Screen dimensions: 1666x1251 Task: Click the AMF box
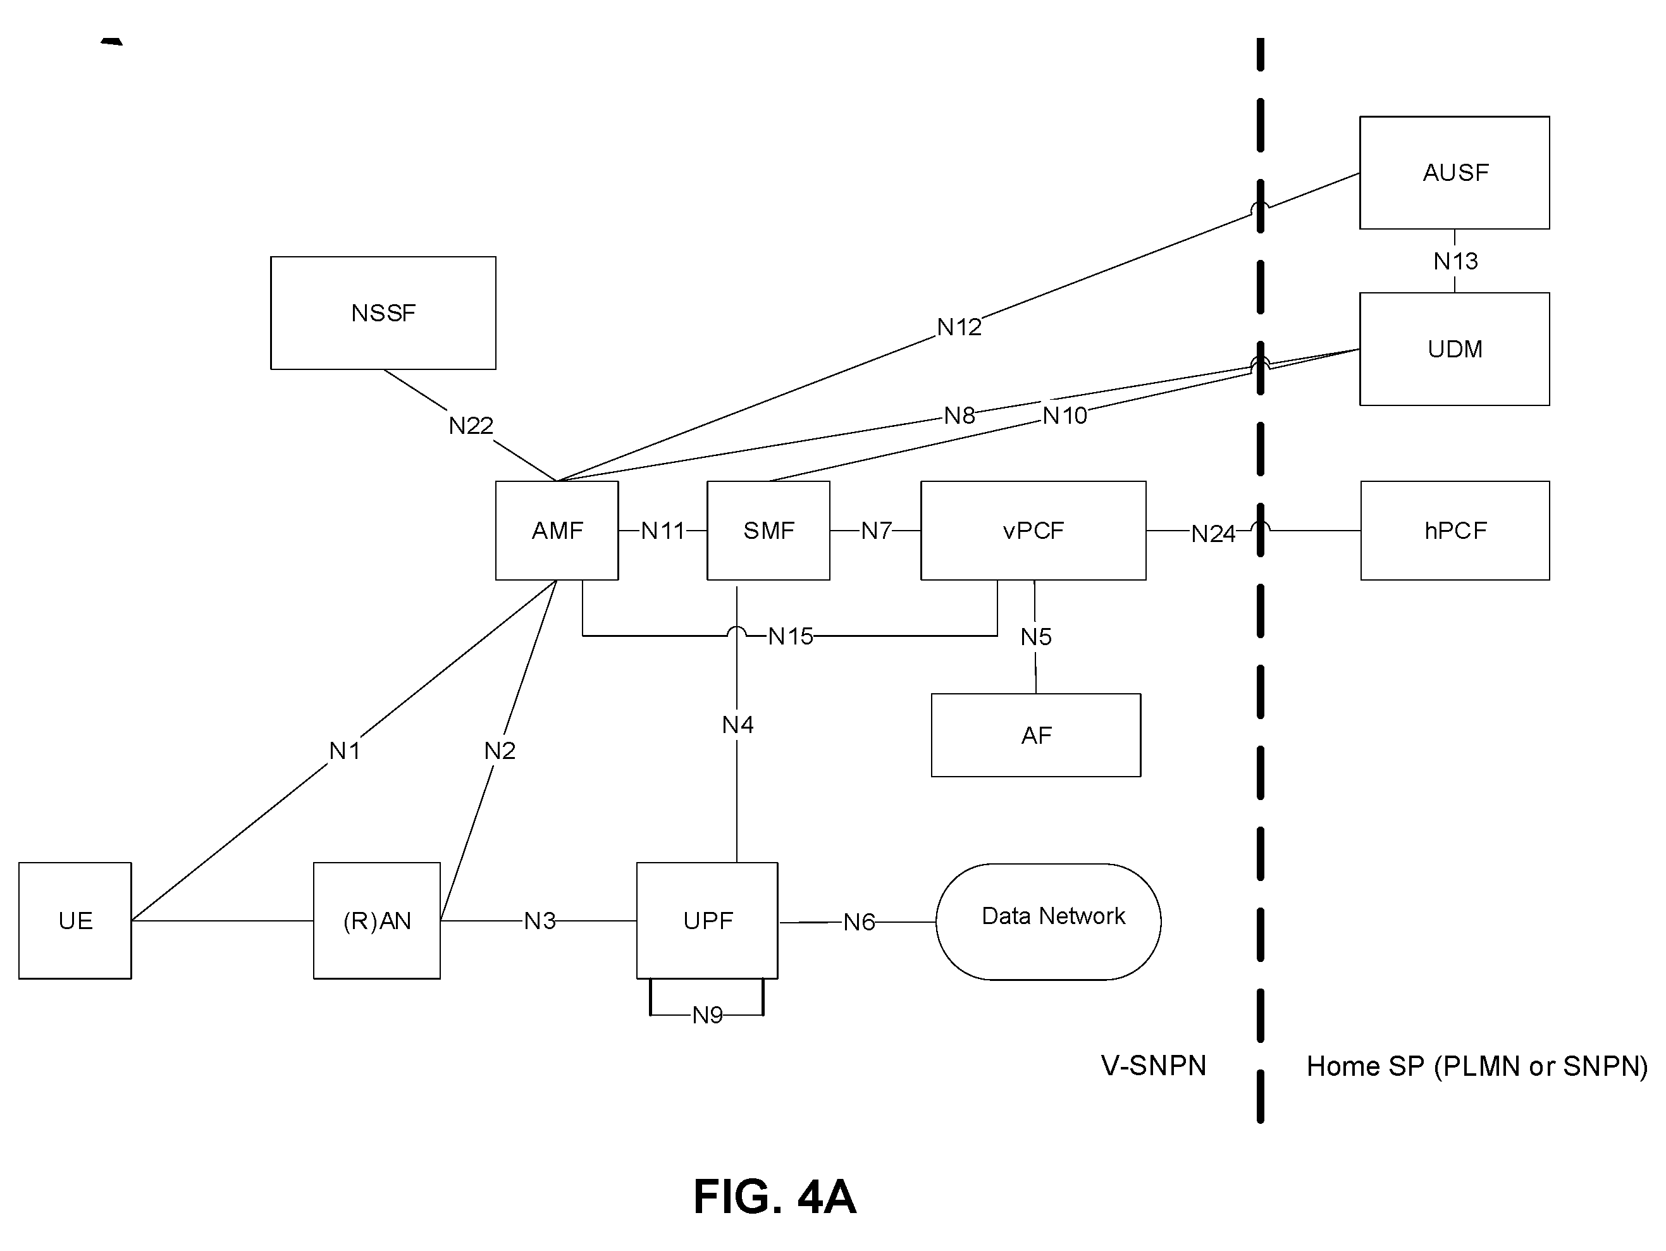click(557, 530)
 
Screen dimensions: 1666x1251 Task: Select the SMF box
click(768, 530)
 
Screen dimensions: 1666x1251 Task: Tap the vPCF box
click(1034, 530)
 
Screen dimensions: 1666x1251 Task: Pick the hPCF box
click(1455, 530)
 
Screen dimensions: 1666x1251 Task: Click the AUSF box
click(1454, 173)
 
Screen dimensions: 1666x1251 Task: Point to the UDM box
click(1454, 348)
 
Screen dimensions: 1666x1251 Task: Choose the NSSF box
click(383, 312)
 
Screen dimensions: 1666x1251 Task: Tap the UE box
click(75, 920)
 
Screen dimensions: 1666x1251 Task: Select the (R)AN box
click(376, 920)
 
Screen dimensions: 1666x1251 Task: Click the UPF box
click(707, 920)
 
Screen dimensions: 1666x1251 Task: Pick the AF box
click(1037, 735)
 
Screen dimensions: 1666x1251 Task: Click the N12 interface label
click(959, 327)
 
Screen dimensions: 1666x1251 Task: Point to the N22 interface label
click(471, 426)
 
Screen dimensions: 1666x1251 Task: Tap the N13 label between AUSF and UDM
click(1455, 261)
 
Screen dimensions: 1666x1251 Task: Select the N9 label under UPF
click(707, 1015)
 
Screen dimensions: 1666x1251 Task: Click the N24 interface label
click(1212, 533)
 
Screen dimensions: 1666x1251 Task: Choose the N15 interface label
click(790, 636)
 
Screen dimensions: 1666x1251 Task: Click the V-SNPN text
click(1153, 1066)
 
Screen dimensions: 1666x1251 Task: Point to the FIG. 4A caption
click(774, 1197)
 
